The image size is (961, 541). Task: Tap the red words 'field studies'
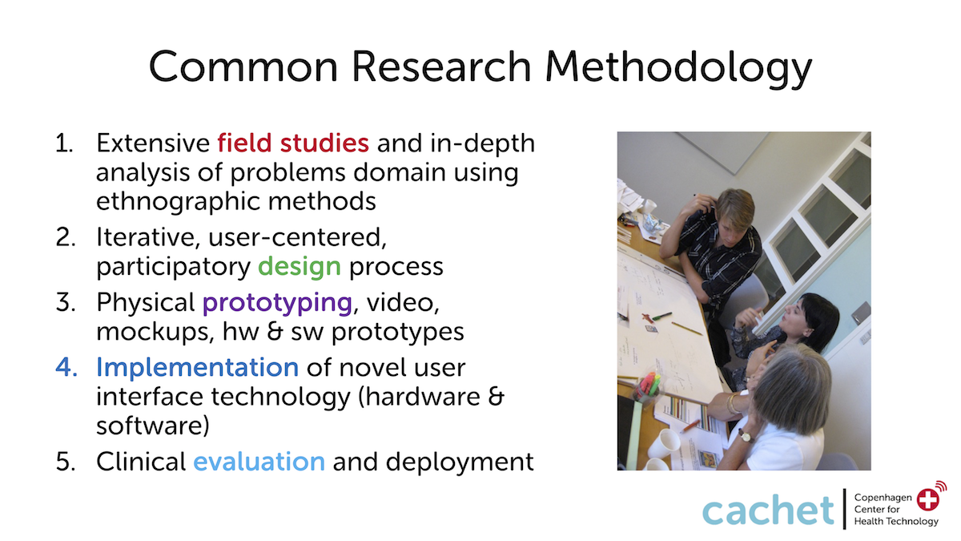(x=293, y=143)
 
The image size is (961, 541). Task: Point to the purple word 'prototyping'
(x=278, y=304)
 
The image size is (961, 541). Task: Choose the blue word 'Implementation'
(x=197, y=368)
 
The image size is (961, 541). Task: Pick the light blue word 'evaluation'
(x=259, y=462)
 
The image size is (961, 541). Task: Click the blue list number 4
(x=66, y=368)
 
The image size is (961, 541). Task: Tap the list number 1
(x=64, y=143)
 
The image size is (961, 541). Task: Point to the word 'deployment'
(x=460, y=462)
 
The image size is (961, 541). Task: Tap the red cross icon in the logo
(x=927, y=500)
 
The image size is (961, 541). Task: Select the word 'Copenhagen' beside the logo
(x=883, y=498)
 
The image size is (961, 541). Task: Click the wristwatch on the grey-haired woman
(x=746, y=436)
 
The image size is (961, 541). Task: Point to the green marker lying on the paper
(x=661, y=317)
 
